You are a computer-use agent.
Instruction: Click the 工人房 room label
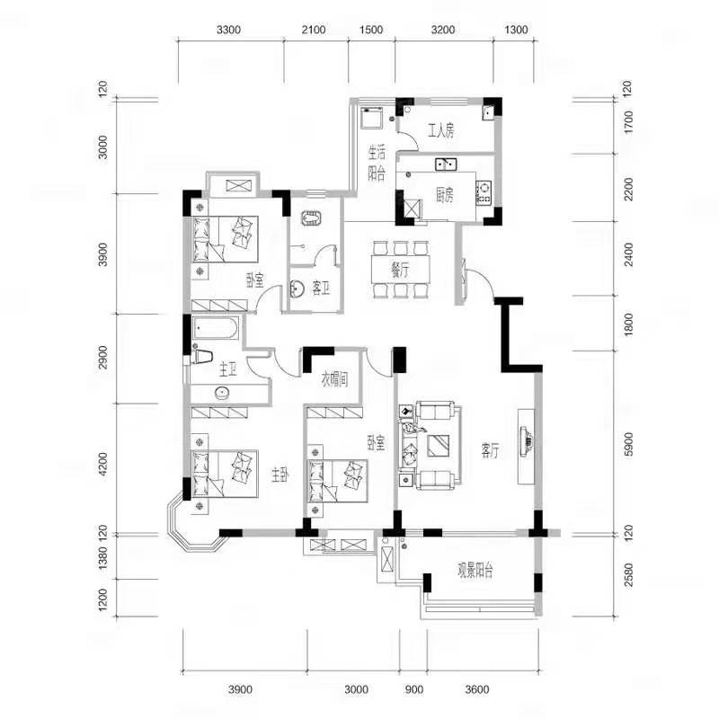pos(441,131)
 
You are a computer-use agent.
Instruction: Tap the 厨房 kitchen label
pos(445,196)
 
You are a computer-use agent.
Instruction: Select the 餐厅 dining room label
pos(400,271)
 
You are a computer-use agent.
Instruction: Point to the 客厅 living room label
pos(490,450)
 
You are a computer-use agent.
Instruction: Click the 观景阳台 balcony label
pos(475,571)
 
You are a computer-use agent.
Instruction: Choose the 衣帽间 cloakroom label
pos(334,379)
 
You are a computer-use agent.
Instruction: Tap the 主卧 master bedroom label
pos(280,475)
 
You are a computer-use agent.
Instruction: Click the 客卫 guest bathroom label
pos(321,288)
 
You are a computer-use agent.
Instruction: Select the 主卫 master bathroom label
pos(228,369)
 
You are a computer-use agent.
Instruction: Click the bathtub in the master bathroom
pos(216,328)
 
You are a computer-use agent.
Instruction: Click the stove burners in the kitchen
pos(484,192)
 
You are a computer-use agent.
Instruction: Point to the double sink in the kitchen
pos(445,164)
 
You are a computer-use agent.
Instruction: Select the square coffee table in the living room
pos(438,446)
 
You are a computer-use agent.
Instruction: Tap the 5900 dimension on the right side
pos(628,444)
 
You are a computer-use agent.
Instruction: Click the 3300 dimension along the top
pos(228,30)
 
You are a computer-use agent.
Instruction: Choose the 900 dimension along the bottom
pos(414,689)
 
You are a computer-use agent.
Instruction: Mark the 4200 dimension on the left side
pos(102,464)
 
